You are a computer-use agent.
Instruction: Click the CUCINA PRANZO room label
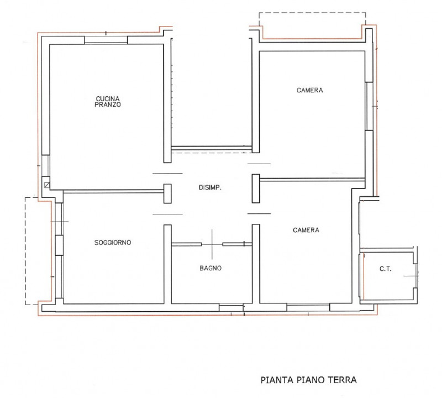(108, 102)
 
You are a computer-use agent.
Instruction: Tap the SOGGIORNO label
(113, 243)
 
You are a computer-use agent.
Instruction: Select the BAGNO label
(211, 268)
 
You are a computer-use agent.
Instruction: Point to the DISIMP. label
(210, 187)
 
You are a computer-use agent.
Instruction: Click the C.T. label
(385, 269)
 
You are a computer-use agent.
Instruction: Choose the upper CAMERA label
(310, 90)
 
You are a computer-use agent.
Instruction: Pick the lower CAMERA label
(306, 230)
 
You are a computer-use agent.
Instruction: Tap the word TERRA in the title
(342, 380)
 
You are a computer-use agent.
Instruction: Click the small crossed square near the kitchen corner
(47, 185)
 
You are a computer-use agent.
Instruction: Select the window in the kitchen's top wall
(106, 40)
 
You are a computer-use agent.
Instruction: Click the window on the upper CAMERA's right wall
(369, 106)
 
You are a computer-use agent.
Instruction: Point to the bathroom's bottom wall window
(231, 308)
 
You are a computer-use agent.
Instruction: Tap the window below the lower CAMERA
(308, 307)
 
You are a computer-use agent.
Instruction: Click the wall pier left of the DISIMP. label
(167, 193)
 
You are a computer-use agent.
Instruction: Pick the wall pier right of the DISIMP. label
(256, 188)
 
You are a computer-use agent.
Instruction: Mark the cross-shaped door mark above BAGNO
(212, 244)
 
